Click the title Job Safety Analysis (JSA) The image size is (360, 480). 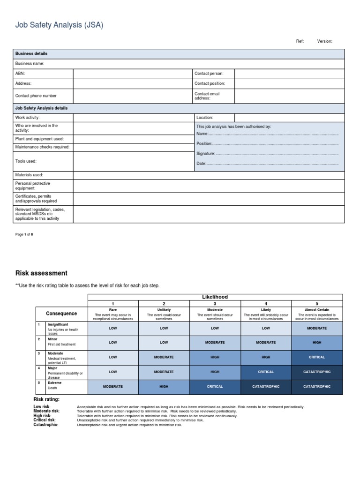(x=59, y=25)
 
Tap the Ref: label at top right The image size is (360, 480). (x=300, y=41)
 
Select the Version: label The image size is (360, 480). (x=324, y=41)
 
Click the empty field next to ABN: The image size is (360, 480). (x=133, y=74)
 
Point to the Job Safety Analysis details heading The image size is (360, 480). (x=42, y=108)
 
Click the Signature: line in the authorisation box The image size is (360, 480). (x=267, y=154)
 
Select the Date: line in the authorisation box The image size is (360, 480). (x=267, y=164)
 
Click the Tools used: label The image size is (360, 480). (x=26, y=161)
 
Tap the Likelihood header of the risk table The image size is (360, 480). (x=215, y=297)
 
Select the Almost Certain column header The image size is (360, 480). (x=317, y=310)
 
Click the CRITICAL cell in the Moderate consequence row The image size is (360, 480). (x=317, y=357)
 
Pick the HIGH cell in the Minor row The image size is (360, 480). (x=317, y=343)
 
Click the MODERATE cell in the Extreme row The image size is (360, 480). (x=113, y=387)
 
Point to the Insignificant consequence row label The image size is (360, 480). (x=58, y=324)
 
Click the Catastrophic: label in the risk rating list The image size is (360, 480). (x=46, y=425)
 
